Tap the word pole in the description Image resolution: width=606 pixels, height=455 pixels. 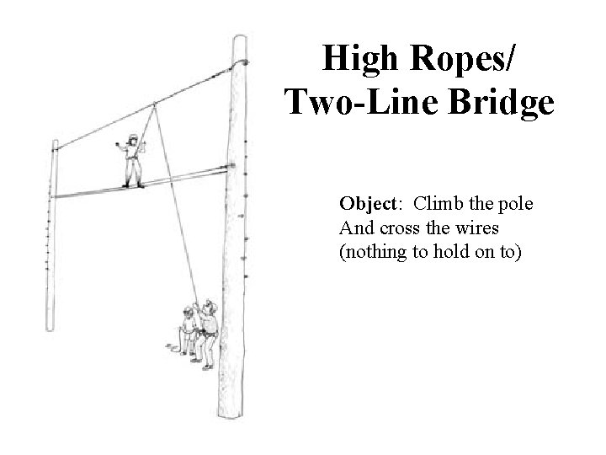517,205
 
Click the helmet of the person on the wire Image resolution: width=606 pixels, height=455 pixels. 132,138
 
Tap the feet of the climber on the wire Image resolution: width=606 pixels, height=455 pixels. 133,185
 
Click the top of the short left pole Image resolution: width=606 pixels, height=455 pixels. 56,145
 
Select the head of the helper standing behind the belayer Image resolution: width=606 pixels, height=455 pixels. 188,310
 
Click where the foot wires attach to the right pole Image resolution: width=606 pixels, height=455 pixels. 231,168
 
